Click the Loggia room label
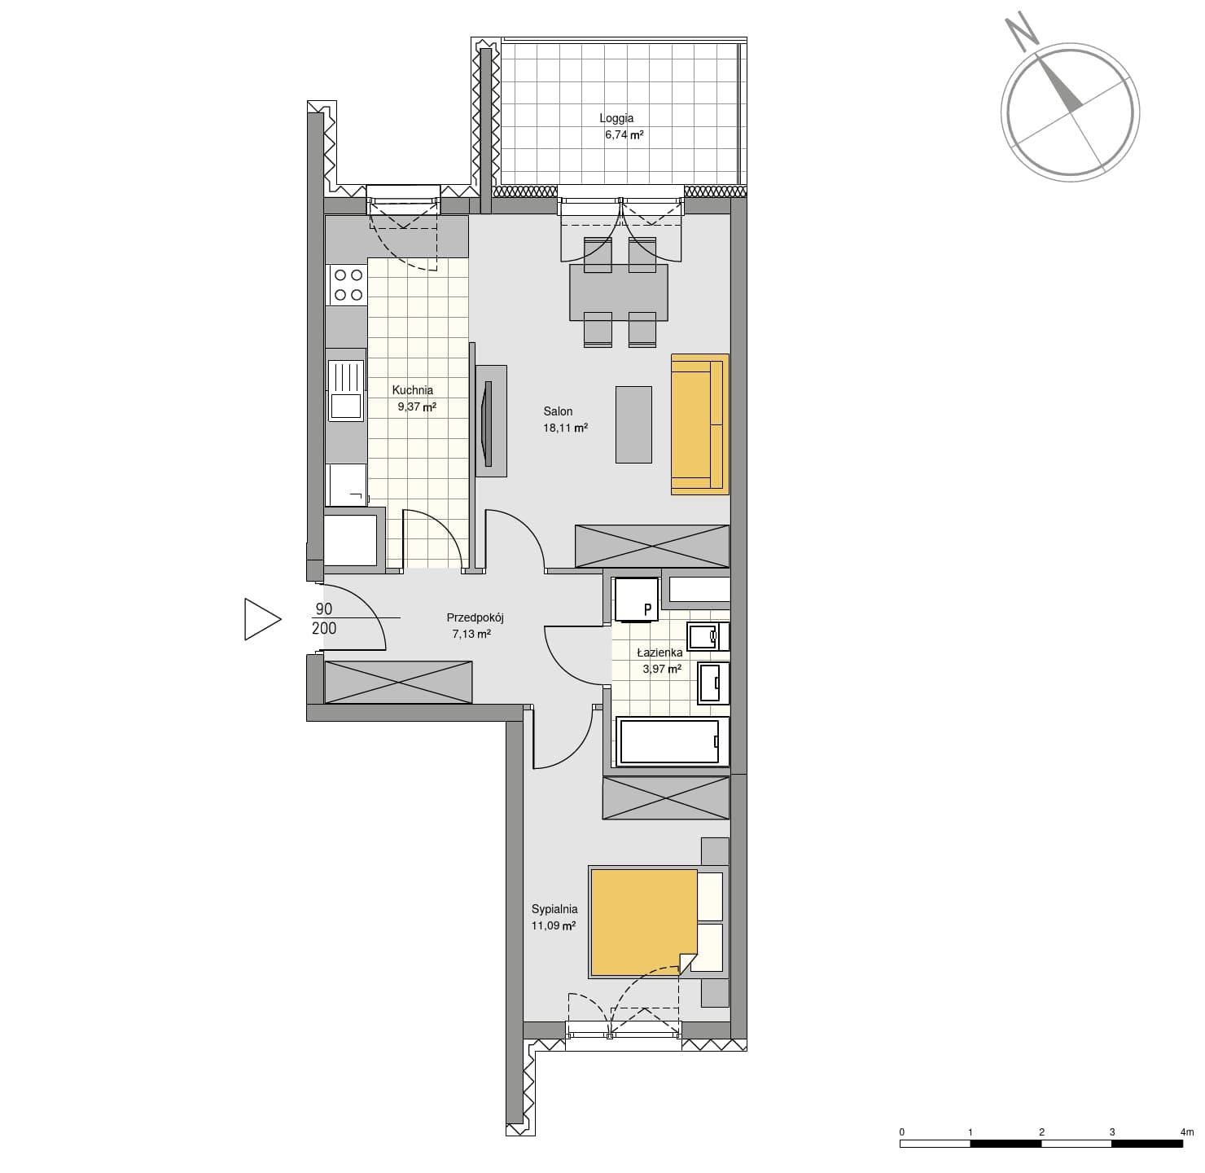tap(616, 118)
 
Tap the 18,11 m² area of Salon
tap(565, 428)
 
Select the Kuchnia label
tap(413, 390)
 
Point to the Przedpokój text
tap(475, 617)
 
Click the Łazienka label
tap(660, 652)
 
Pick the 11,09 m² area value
tap(554, 926)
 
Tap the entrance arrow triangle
tap(262, 619)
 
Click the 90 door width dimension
tap(324, 609)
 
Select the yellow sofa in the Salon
tap(699, 424)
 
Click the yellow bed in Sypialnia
tap(644, 923)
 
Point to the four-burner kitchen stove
tap(348, 284)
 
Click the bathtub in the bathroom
tap(673, 742)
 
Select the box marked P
tap(636, 600)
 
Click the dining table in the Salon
tap(619, 292)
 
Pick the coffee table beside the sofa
tap(633, 424)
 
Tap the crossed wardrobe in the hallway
tap(398, 682)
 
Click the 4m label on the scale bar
tap(1187, 1132)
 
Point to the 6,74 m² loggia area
tap(624, 134)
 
